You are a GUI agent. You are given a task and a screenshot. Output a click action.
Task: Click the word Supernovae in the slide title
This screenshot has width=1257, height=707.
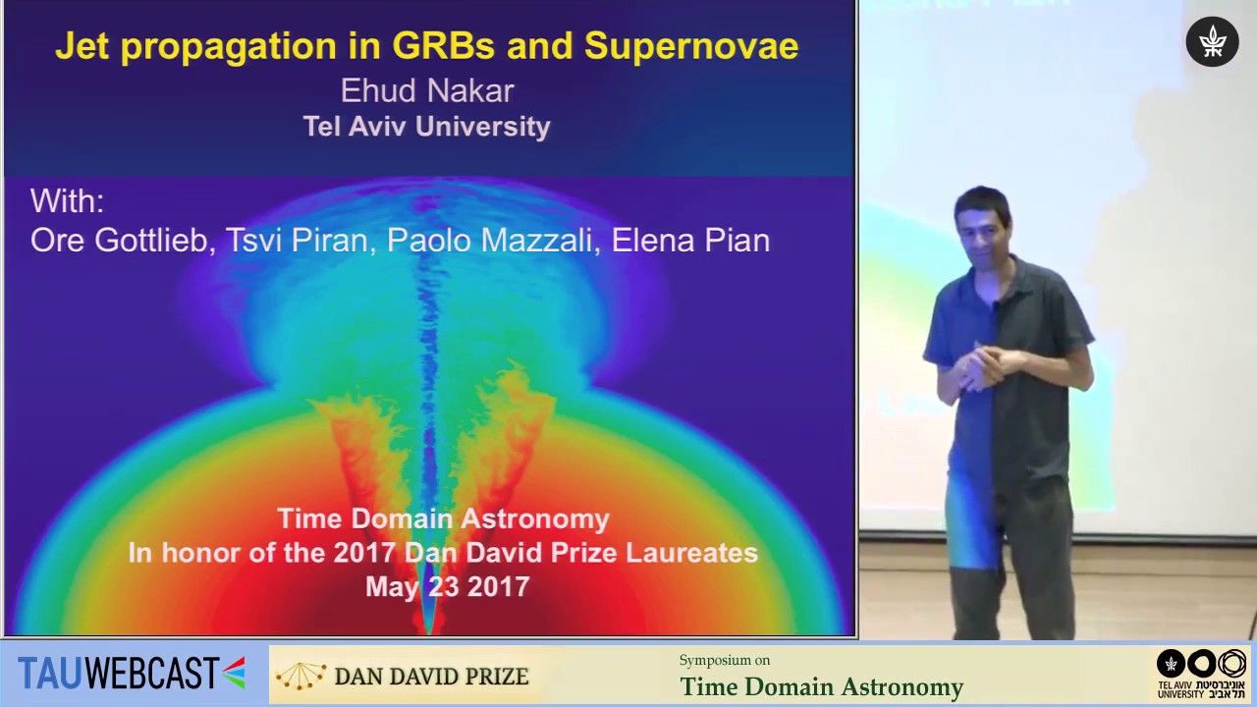point(690,46)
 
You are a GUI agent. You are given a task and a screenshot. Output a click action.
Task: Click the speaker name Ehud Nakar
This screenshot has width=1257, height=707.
point(427,91)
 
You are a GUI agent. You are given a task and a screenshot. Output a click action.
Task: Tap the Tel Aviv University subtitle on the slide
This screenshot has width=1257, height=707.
point(426,127)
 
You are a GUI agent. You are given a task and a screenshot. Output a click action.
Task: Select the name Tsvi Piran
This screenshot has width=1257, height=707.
point(297,241)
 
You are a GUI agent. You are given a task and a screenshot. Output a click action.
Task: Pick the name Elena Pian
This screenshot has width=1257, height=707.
point(690,241)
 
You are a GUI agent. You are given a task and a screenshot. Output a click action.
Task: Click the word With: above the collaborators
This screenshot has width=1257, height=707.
point(67,201)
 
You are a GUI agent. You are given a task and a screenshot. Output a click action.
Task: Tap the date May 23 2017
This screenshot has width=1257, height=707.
point(447,587)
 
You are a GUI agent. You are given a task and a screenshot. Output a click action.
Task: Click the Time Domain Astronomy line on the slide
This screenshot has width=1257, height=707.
point(443,518)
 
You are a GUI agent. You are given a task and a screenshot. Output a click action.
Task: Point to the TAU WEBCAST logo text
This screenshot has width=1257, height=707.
point(118,674)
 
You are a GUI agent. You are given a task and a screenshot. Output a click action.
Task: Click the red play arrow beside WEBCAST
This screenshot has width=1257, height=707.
point(234,673)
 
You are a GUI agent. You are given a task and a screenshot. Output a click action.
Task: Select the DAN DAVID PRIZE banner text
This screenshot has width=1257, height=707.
point(431,677)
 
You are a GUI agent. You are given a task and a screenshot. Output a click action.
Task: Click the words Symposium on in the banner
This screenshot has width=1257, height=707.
point(724,660)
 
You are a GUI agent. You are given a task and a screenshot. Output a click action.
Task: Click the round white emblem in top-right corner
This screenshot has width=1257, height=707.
point(1212,41)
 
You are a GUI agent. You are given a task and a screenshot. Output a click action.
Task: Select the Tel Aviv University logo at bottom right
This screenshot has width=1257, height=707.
point(1201,674)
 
